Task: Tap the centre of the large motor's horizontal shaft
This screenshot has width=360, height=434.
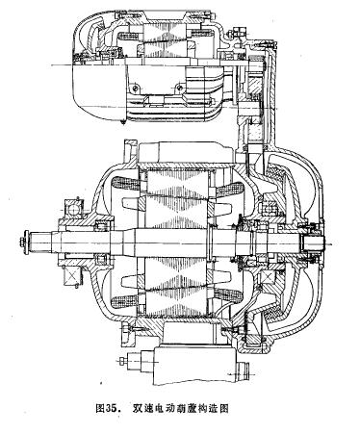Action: pyautogui.click(x=173, y=242)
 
